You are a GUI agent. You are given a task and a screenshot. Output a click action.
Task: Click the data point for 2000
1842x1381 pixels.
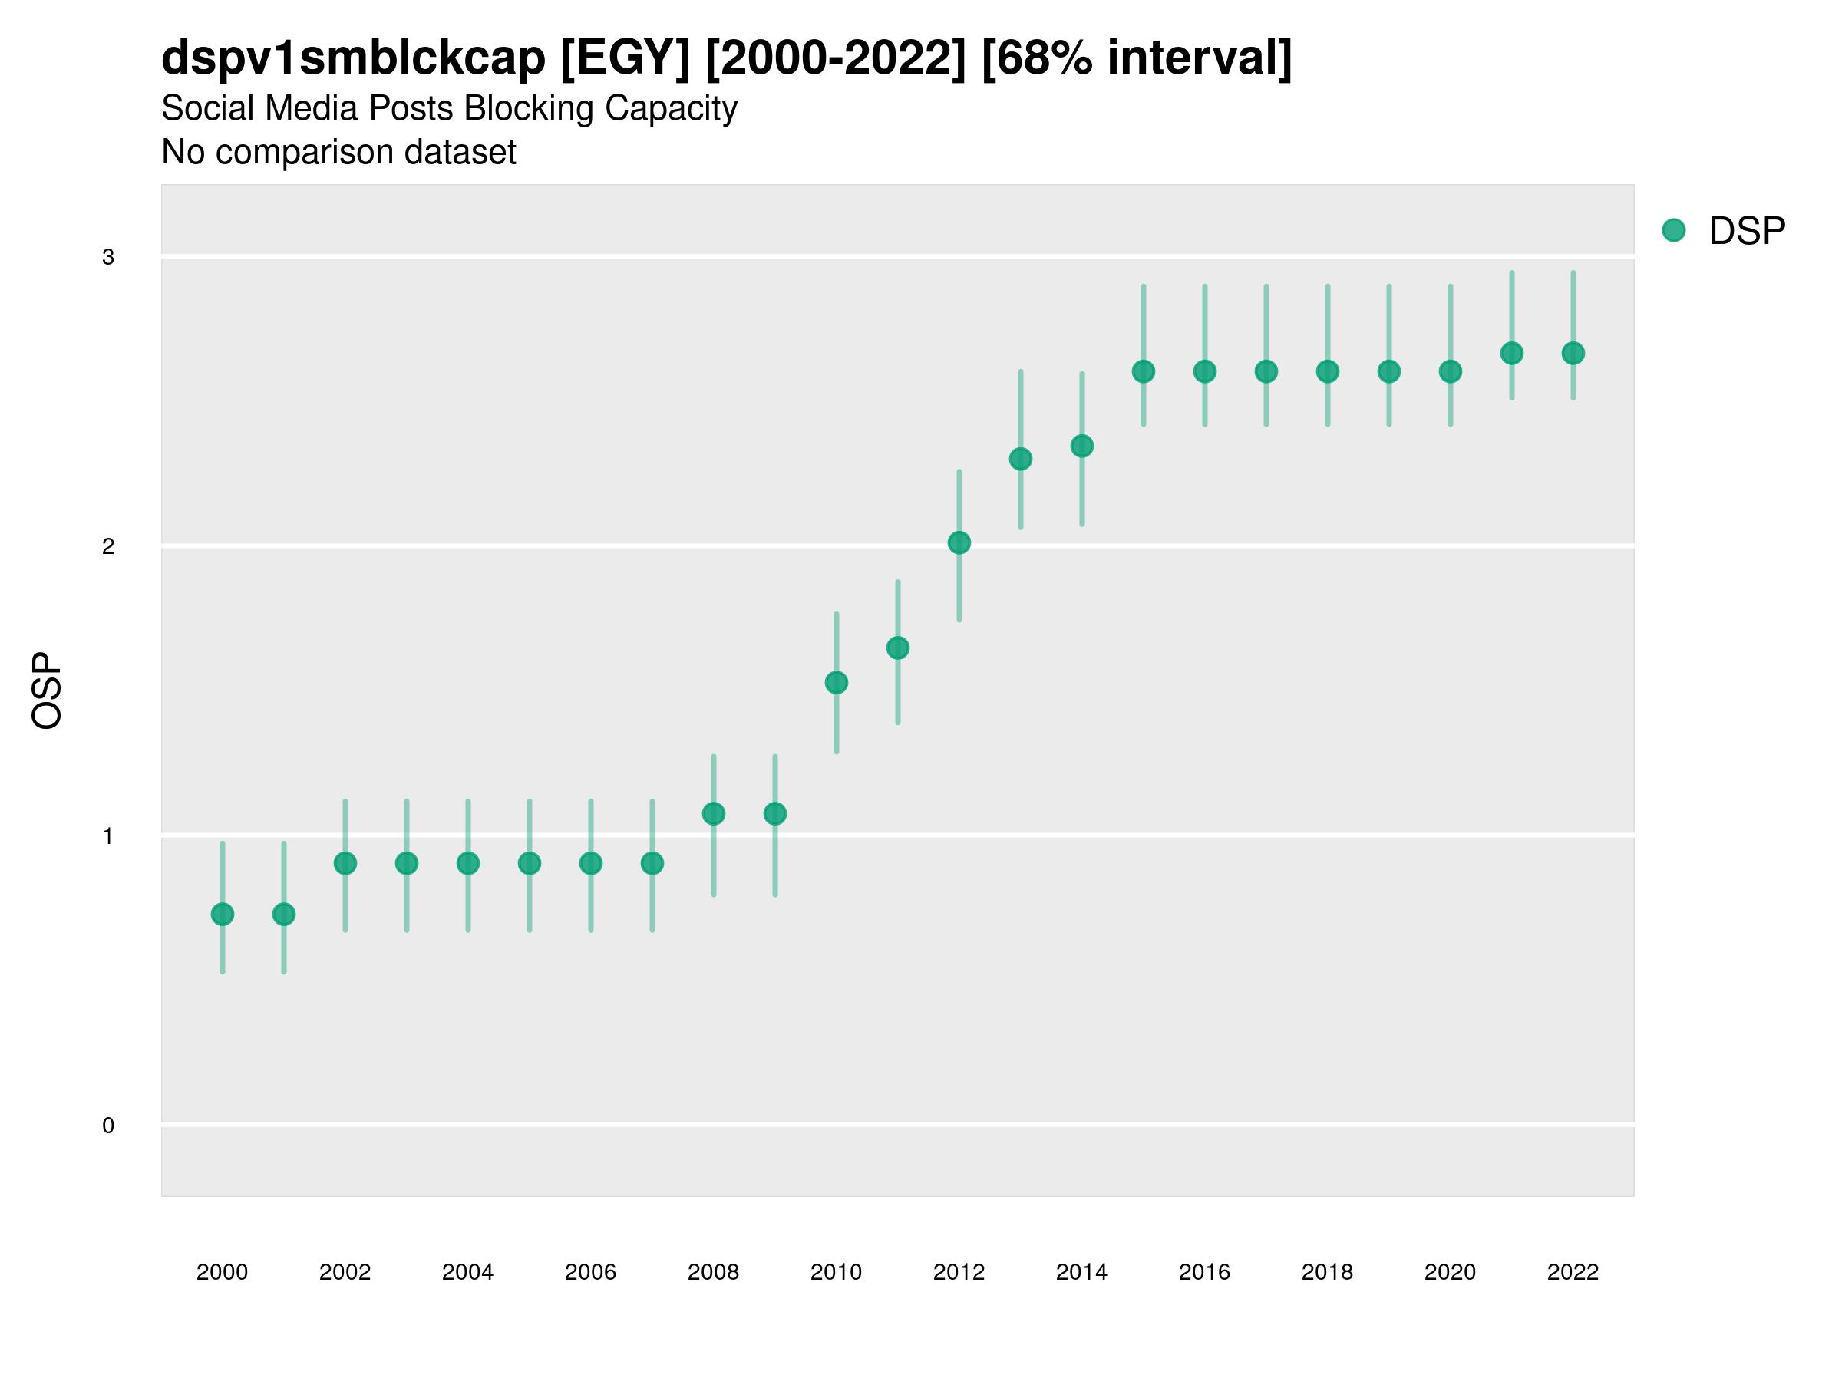(223, 914)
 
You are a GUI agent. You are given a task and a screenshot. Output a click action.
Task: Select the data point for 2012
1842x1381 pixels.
(959, 542)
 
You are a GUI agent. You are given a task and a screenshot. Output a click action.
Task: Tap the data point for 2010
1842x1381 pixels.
(836, 683)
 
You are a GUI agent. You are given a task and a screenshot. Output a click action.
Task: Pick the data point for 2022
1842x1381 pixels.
(1573, 353)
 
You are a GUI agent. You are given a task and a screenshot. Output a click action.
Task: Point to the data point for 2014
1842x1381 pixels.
(1081, 447)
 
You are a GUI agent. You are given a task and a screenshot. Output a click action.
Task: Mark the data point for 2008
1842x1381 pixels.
(714, 813)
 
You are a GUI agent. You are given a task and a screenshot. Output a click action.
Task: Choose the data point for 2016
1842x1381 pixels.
(1205, 371)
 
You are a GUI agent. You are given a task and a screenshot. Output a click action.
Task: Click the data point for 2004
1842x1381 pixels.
(468, 863)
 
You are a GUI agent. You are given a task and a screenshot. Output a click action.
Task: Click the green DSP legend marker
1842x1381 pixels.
(1674, 231)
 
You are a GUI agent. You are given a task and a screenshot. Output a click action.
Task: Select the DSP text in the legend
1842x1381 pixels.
(1747, 232)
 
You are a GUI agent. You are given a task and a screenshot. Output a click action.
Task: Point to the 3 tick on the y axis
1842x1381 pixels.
(108, 257)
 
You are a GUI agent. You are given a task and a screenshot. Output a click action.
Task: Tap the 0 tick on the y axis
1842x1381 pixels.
(108, 1126)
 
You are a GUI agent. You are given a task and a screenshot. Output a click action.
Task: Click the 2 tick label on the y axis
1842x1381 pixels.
(108, 546)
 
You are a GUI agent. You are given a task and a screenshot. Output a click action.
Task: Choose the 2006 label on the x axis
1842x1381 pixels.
(590, 1272)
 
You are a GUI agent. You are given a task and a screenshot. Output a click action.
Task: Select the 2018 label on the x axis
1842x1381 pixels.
(1327, 1272)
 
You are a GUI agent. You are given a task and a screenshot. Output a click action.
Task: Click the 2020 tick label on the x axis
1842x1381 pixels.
(1450, 1272)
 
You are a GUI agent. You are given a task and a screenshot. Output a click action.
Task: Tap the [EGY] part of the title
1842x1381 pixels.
(625, 58)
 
